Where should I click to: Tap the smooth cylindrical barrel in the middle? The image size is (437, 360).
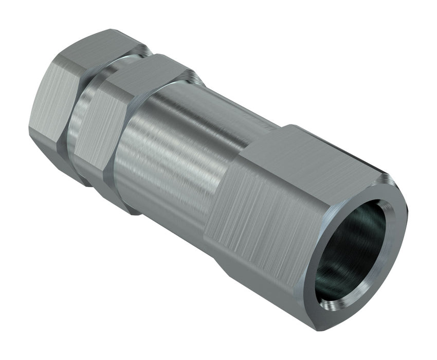pos(170,154)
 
